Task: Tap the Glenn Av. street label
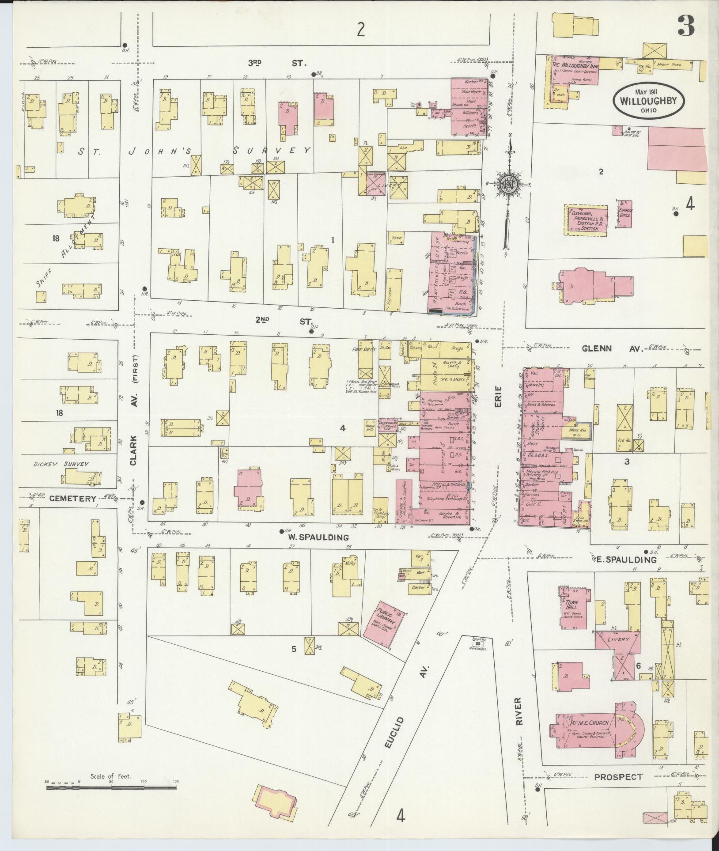(607, 348)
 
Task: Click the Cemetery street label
(72, 498)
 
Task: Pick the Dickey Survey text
(61, 464)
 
